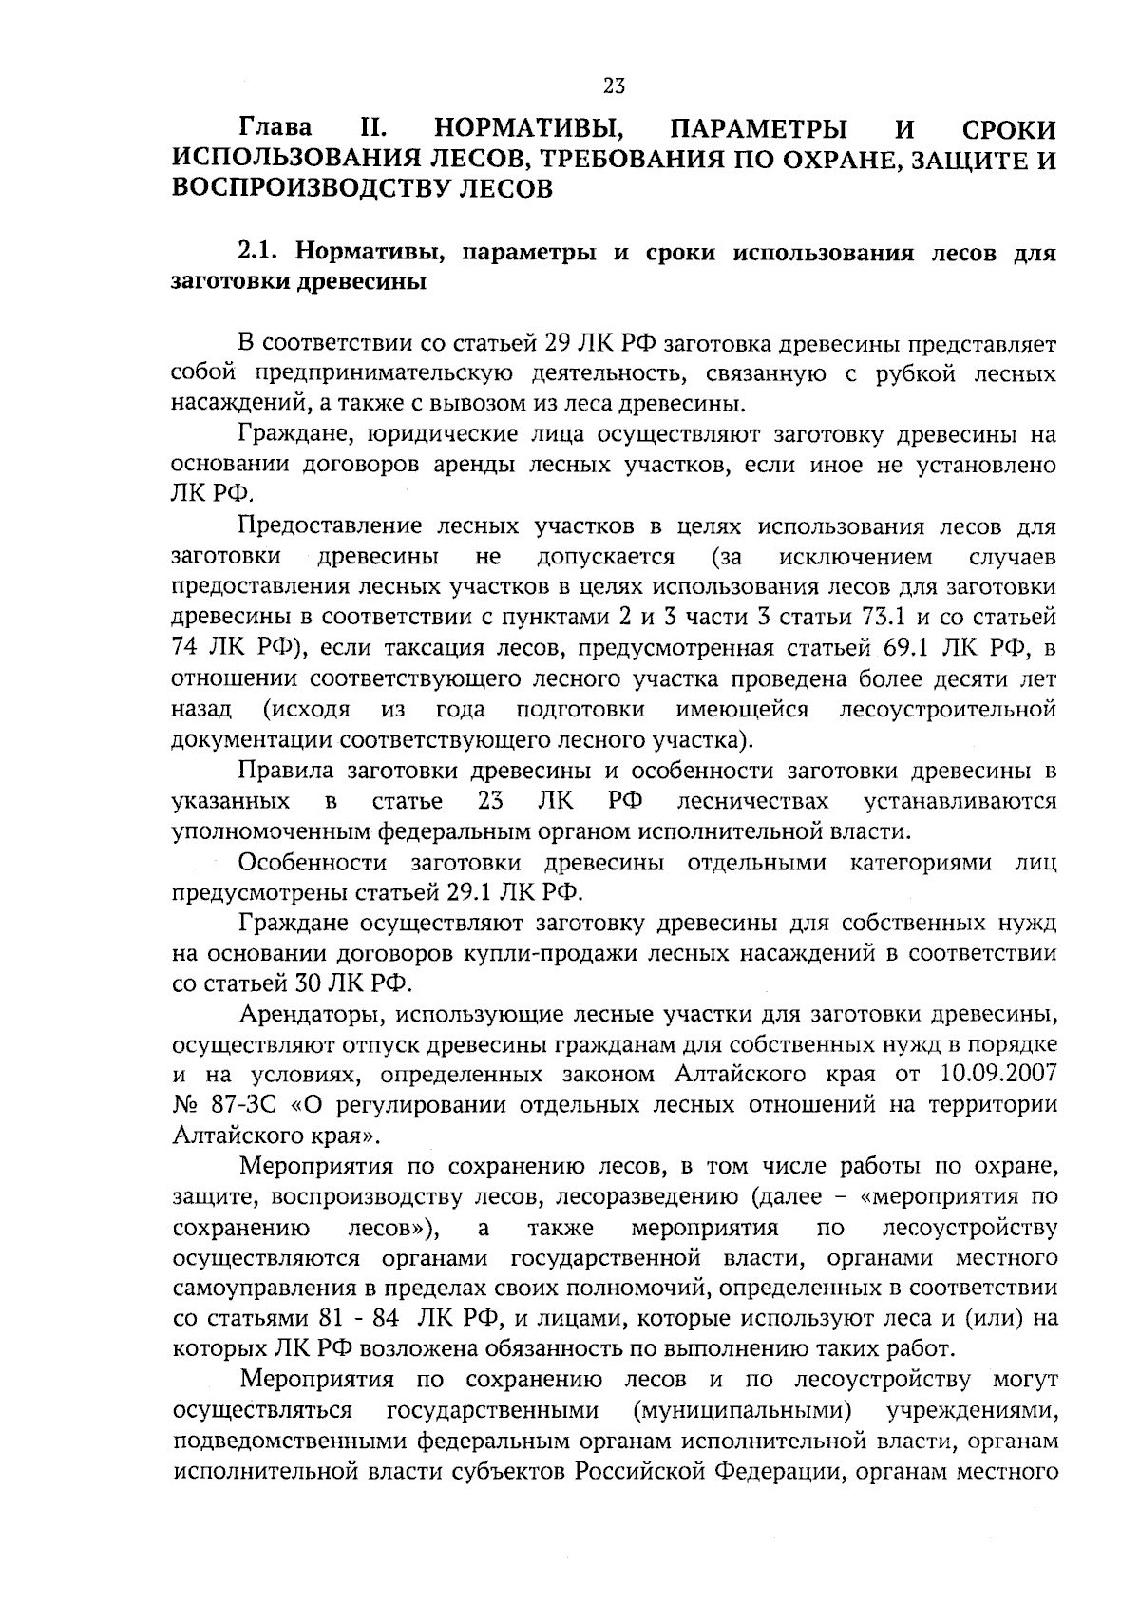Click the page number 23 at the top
[614, 86]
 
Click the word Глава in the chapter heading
[275, 129]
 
